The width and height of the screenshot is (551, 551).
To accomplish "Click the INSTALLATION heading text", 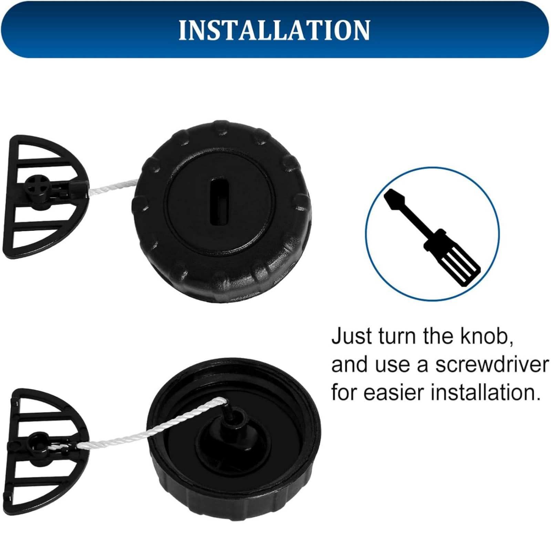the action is pyautogui.click(x=274, y=30).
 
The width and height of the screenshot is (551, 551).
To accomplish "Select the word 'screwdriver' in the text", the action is pyautogui.click(x=491, y=365).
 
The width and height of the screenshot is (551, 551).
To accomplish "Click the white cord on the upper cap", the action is pyautogui.click(x=113, y=187).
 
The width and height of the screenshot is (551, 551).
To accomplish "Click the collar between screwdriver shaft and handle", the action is pyautogui.click(x=432, y=243).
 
